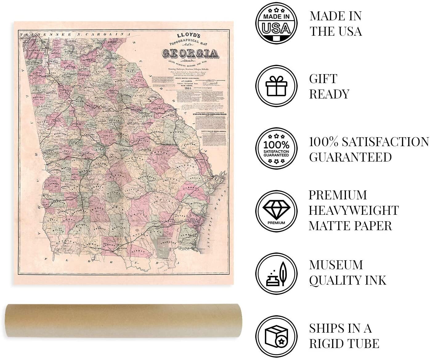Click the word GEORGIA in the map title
(189, 53)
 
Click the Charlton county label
(168, 242)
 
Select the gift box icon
(276, 86)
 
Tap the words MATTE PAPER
(350, 226)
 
